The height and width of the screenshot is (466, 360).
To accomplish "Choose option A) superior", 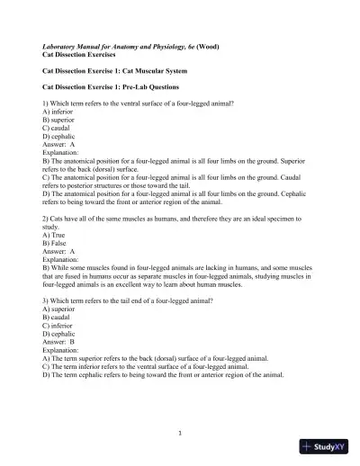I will [63, 308].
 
